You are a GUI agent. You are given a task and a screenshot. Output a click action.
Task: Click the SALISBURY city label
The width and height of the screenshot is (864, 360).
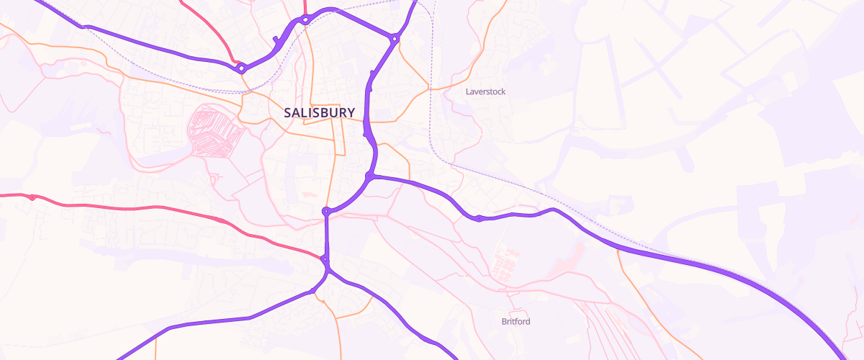click(x=319, y=113)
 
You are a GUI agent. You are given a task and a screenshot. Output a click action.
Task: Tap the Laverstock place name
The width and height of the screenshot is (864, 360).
click(x=485, y=92)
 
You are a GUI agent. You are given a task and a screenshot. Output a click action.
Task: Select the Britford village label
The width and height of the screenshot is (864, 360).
click(x=516, y=322)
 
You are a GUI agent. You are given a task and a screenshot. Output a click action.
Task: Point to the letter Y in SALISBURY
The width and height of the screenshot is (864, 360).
click(x=350, y=113)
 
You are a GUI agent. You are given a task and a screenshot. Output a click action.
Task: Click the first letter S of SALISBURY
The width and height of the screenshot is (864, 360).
click(x=288, y=113)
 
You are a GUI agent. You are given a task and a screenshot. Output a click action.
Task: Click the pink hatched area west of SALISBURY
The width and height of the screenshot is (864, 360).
click(x=215, y=132)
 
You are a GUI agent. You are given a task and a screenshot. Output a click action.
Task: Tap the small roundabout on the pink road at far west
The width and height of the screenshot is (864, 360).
click(x=32, y=197)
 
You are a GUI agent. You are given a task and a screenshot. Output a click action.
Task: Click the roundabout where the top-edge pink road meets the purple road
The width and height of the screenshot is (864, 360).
click(x=305, y=20)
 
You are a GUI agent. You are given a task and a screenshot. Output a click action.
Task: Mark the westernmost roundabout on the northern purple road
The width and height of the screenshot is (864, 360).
click(x=242, y=68)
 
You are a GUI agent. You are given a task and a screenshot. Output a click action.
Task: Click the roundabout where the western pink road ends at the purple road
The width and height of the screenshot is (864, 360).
click(x=325, y=259)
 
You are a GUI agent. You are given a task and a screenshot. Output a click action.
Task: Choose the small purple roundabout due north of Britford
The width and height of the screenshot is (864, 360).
click(x=479, y=218)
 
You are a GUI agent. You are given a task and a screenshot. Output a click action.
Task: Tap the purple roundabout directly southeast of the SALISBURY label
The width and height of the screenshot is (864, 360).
click(x=369, y=176)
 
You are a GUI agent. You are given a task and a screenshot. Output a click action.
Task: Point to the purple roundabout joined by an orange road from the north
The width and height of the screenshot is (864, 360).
click(x=326, y=212)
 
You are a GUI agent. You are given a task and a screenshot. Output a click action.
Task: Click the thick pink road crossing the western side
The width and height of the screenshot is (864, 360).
click(x=144, y=207)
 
